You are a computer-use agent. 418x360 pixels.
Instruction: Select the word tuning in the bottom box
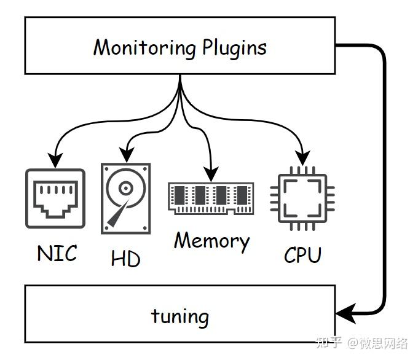pos(180,316)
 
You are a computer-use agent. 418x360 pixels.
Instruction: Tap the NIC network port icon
pos(55,198)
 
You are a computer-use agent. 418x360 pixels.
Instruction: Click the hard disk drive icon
pos(125,198)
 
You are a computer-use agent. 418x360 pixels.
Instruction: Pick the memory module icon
pos(211,198)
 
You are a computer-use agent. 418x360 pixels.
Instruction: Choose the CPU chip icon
pos(302,197)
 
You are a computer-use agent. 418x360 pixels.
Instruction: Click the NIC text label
pos(57,252)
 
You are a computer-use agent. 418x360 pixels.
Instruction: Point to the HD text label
pos(125,258)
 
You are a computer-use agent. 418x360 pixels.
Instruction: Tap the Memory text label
pos(211,240)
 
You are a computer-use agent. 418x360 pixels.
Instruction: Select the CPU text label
pos(302,254)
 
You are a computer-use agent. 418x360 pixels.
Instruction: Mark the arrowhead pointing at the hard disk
pos(126,156)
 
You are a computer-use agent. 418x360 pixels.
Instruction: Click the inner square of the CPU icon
pos(302,197)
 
